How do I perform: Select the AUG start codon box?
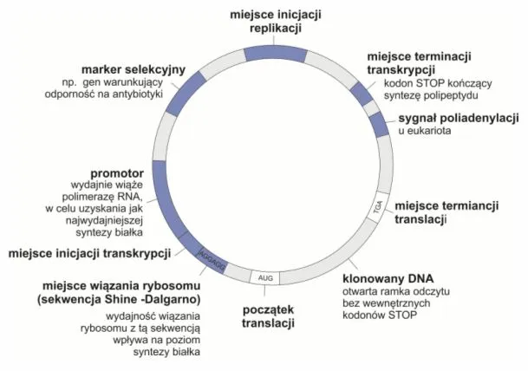265,277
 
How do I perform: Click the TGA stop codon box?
377,207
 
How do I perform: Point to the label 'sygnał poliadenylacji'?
457,117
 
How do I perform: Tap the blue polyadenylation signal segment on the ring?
379,124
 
